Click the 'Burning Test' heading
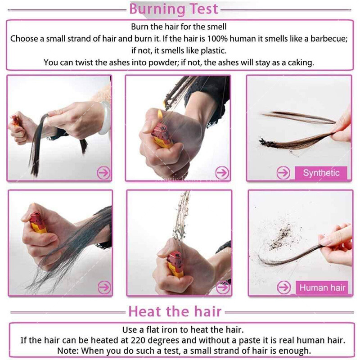(x=174, y=9)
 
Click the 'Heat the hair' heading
(x=175, y=311)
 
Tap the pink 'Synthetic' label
(x=321, y=173)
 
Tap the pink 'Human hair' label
(x=322, y=288)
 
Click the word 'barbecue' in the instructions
(x=328, y=39)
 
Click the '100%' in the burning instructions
(x=217, y=39)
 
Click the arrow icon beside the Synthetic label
(x=283, y=173)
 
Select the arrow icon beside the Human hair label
(x=284, y=287)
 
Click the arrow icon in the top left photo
(x=103, y=173)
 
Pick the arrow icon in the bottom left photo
(x=104, y=287)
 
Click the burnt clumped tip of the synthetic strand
(x=266, y=142)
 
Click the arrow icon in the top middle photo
(x=222, y=173)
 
